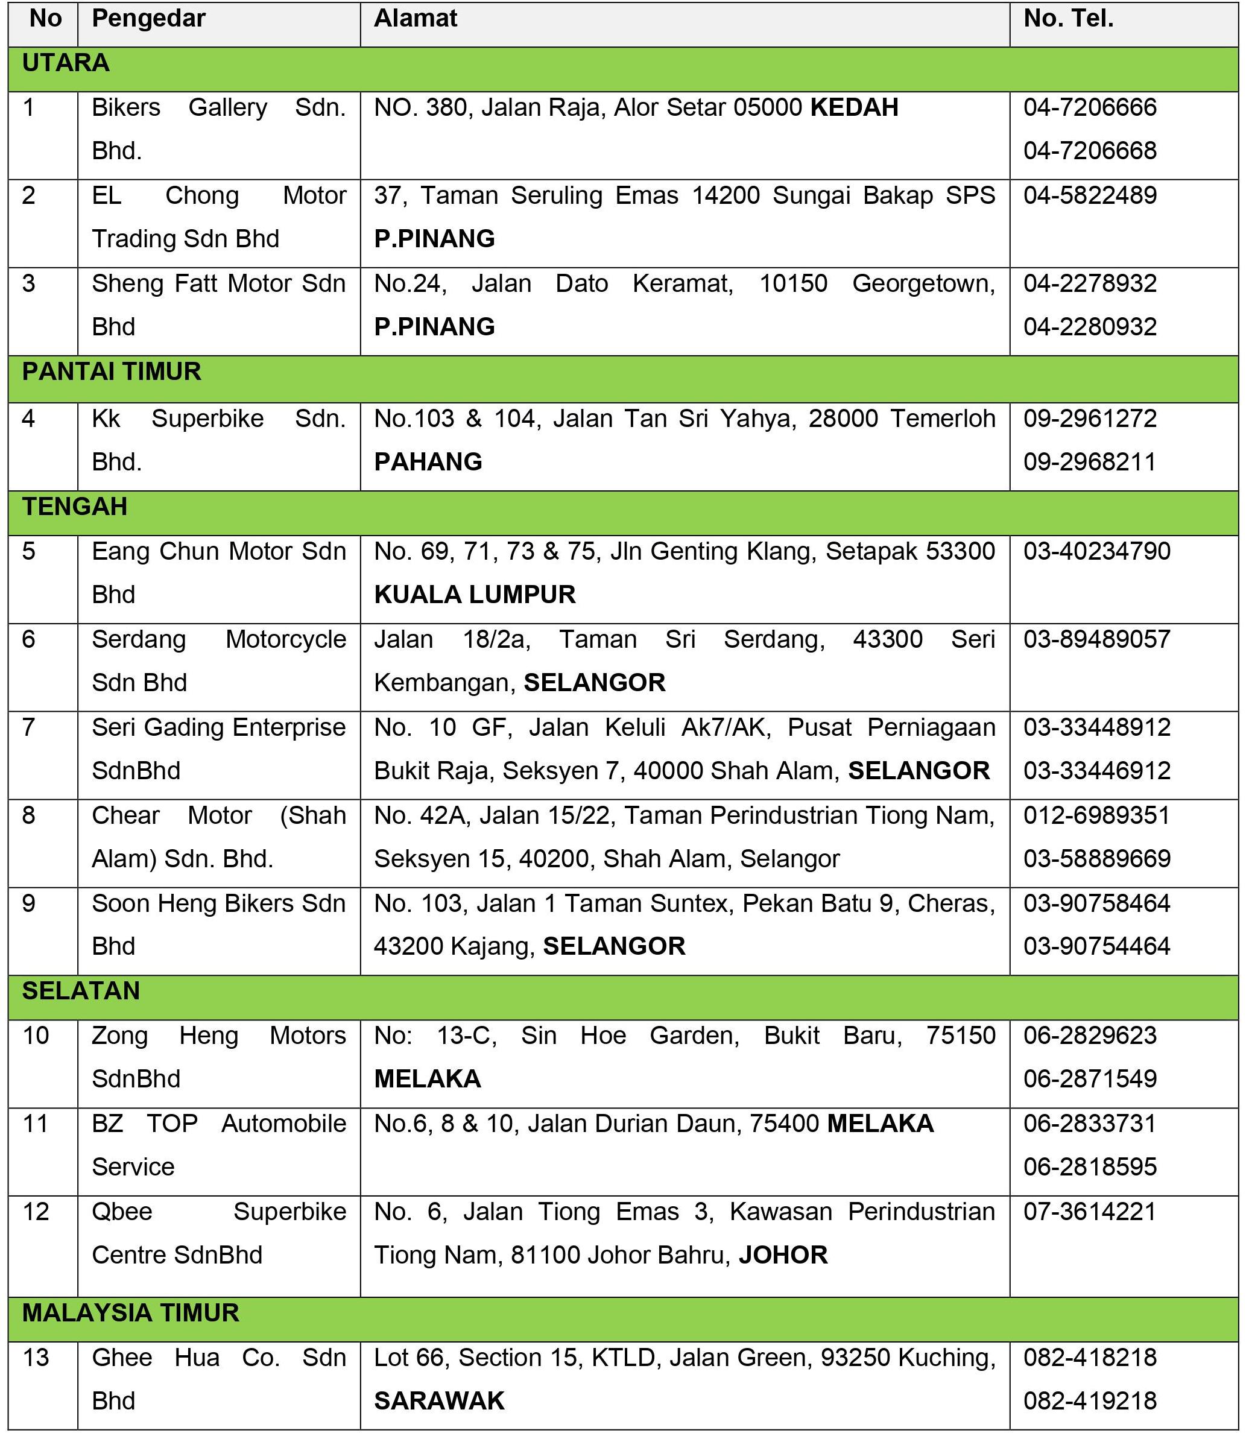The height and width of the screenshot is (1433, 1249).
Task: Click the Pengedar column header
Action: (x=148, y=19)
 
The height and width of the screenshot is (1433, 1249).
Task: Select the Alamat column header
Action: (x=416, y=19)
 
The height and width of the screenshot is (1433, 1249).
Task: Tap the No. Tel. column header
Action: (x=1069, y=19)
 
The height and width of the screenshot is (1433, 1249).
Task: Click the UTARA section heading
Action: (x=66, y=63)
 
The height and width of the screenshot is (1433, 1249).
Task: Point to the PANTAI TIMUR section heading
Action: (x=112, y=372)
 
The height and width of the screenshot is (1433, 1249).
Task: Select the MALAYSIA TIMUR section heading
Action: (x=130, y=1313)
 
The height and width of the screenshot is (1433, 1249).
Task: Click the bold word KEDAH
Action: (x=854, y=108)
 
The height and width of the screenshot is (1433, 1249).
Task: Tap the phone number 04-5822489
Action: (x=1090, y=196)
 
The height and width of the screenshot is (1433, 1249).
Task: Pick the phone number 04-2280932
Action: (x=1090, y=327)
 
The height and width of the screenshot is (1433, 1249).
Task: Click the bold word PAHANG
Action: (x=428, y=462)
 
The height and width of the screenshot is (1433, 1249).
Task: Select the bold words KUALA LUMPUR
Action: (x=475, y=595)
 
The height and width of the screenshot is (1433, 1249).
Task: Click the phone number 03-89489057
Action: (x=1097, y=639)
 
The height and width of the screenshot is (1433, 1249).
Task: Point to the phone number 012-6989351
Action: (x=1097, y=815)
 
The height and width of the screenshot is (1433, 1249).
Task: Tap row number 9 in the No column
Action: (x=28, y=903)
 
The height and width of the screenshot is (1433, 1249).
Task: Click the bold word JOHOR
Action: (x=783, y=1255)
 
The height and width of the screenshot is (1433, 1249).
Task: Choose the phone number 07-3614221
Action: (x=1090, y=1212)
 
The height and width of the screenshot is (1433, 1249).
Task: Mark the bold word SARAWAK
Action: (x=439, y=1401)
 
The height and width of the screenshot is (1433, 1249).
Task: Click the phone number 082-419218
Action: (x=1090, y=1401)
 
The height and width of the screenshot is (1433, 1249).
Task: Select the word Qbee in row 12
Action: (x=122, y=1212)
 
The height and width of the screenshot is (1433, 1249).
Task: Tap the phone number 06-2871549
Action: (x=1090, y=1079)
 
